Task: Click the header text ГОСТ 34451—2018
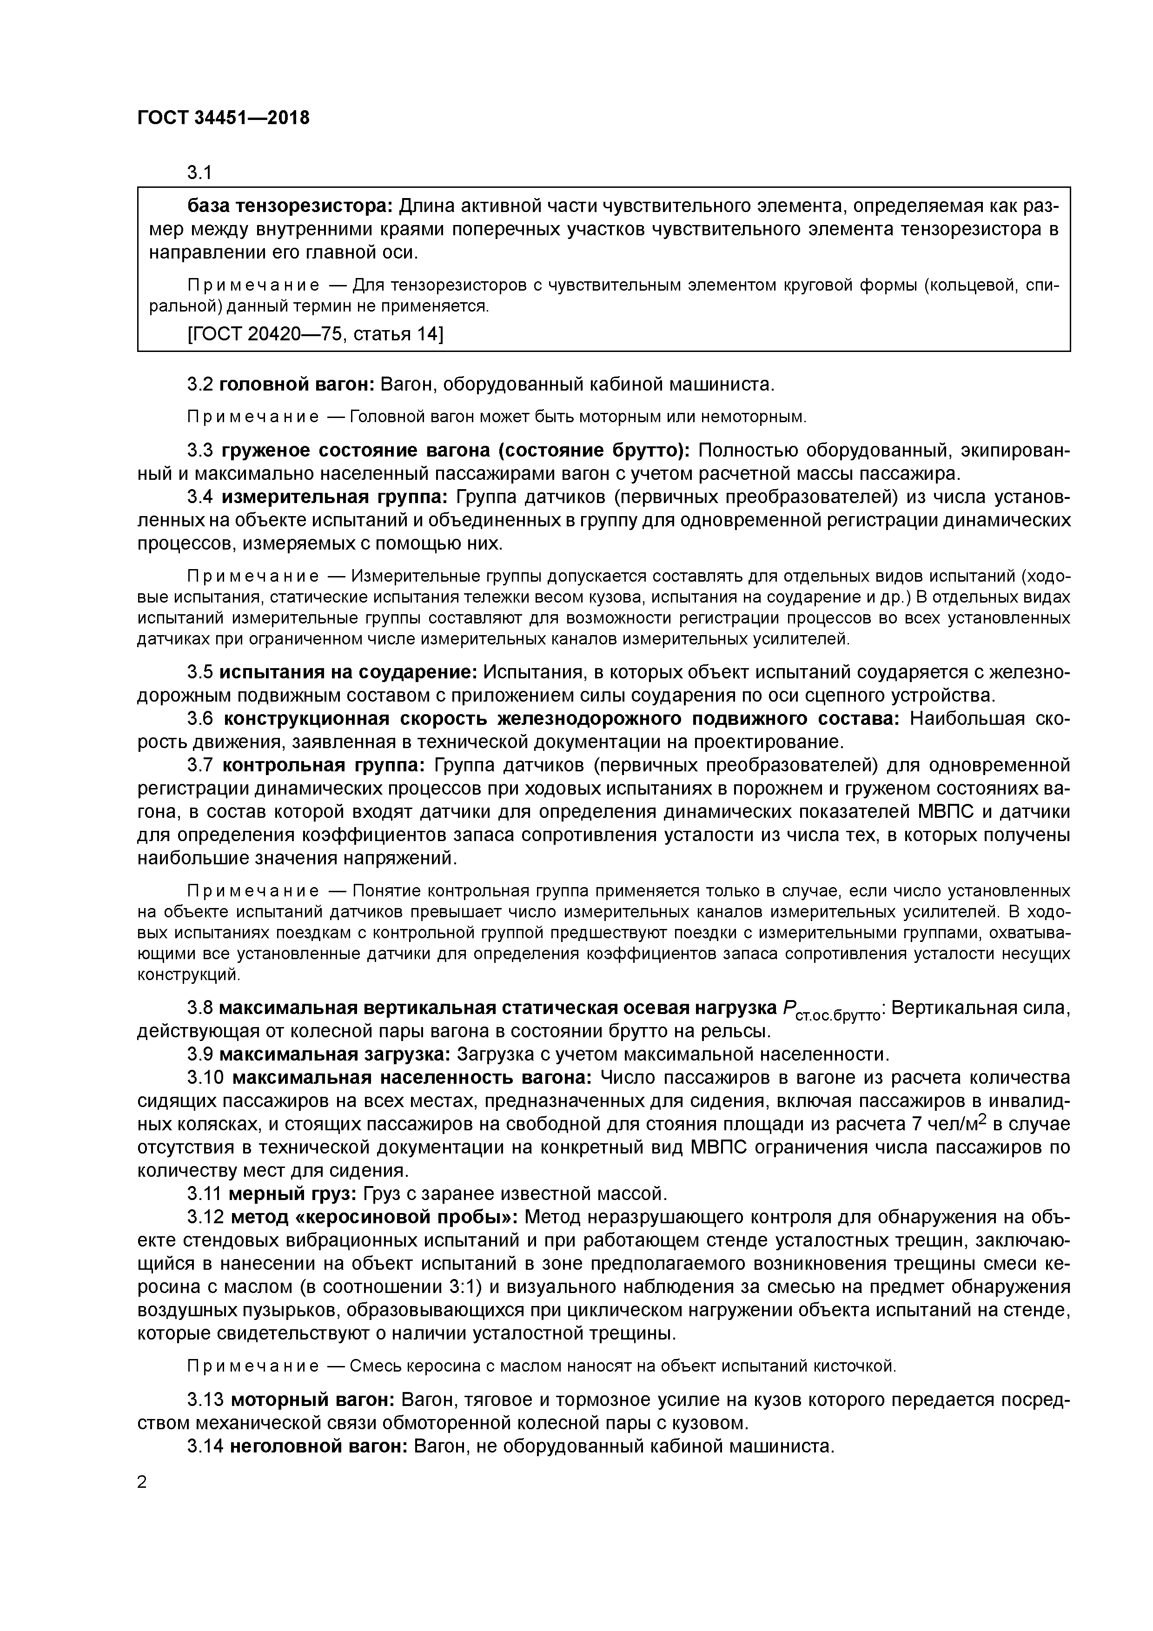point(223,118)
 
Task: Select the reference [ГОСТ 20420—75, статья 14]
point(315,333)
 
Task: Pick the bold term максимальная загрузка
point(335,1054)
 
